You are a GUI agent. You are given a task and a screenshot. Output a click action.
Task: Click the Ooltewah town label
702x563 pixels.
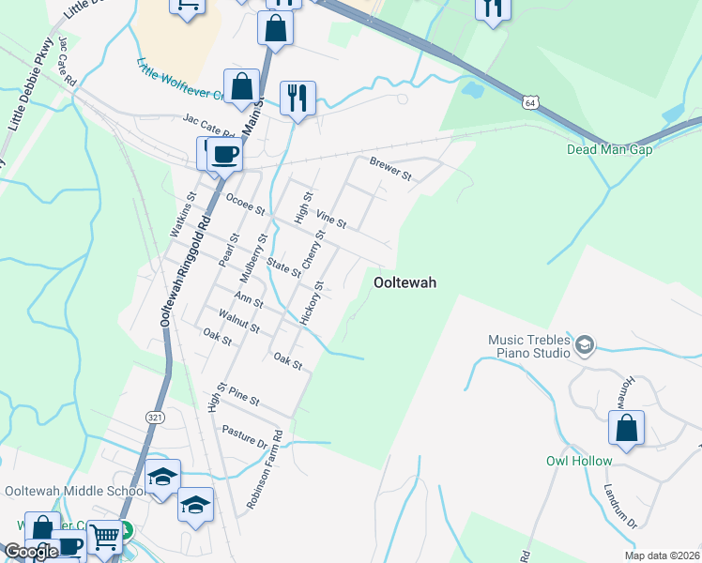click(x=404, y=281)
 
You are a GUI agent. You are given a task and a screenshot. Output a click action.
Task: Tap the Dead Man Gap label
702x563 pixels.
click(x=608, y=149)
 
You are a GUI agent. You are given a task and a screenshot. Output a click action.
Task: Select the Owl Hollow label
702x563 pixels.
click(x=579, y=461)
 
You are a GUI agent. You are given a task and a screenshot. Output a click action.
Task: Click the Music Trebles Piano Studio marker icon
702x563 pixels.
click(x=585, y=346)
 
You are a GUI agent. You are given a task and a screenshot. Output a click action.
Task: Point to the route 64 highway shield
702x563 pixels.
click(x=531, y=100)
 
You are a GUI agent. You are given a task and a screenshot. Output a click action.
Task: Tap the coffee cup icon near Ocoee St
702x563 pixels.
click(x=224, y=155)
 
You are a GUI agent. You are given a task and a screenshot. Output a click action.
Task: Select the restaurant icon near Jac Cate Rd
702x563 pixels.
click(x=298, y=98)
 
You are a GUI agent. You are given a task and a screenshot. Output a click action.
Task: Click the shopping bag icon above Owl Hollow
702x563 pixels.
click(x=626, y=429)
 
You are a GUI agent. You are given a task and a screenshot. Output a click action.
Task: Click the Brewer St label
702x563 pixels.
click(x=390, y=168)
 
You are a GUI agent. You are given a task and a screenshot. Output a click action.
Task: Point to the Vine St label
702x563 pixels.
click(x=331, y=219)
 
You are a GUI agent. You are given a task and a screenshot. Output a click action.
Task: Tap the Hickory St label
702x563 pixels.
click(x=313, y=303)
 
